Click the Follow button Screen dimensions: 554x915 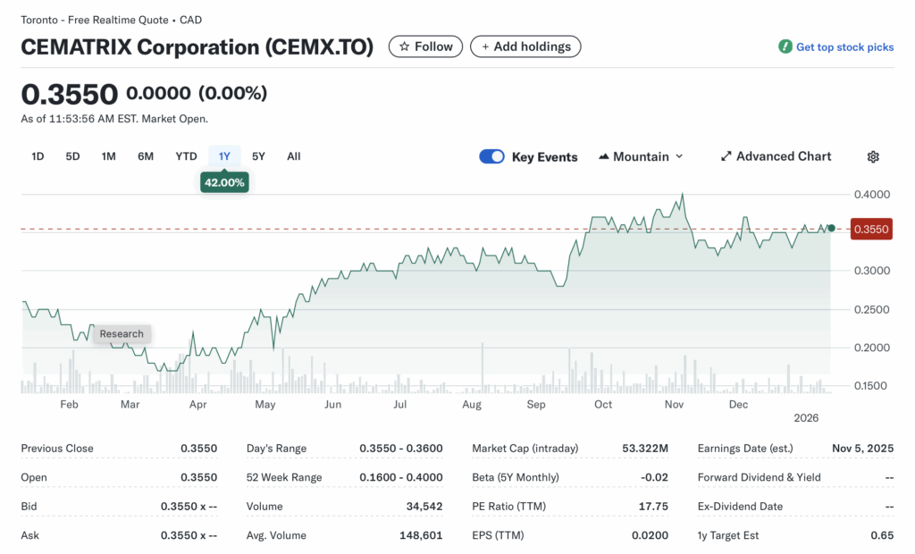tap(425, 46)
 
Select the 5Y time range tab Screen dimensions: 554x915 tap(258, 156)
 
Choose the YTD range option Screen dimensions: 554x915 tap(186, 156)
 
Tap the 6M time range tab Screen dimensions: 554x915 tap(146, 156)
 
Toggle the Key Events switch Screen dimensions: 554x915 tap(492, 156)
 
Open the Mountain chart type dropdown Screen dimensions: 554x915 tap(641, 156)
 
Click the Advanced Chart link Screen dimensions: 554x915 tap(776, 156)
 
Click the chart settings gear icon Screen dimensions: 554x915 tap(873, 156)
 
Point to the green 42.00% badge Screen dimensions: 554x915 tap(224, 182)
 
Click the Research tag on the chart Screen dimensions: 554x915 tap(122, 333)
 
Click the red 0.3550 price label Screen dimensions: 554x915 tap(871, 230)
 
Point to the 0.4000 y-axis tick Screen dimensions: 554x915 tap(871, 194)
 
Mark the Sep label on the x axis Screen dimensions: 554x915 tap(536, 405)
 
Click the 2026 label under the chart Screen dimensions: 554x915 tap(807, 417)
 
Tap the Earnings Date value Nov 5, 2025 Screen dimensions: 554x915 tap(863, 449)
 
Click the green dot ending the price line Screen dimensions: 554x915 tap(831, 229)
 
